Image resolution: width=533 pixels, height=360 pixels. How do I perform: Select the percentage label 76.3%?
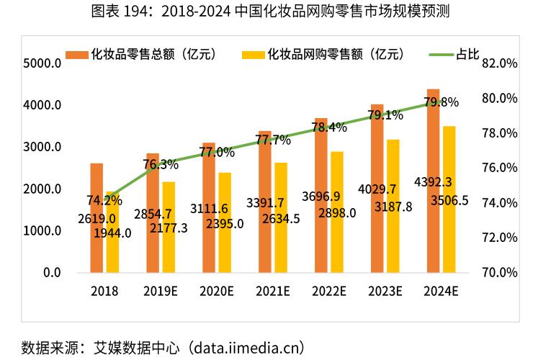(x=161, y=165)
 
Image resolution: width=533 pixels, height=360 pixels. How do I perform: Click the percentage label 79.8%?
(x=441, y=102)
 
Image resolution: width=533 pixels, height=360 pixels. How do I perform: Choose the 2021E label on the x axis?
(x=272, y=292)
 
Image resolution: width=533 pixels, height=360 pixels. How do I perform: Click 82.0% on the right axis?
(x=500, y=63)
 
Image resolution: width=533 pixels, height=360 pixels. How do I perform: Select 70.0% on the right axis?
(x=500, y=273)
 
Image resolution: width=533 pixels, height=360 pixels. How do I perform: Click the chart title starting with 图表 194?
(x=266, y=12)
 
